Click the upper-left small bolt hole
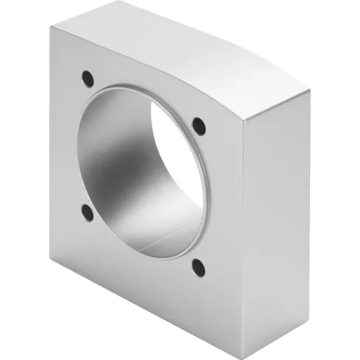click(88, 76)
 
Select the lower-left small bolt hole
click(87, 213)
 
